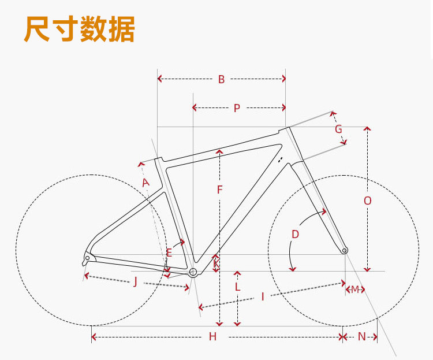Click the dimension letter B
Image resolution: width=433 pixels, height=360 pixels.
(221, 80)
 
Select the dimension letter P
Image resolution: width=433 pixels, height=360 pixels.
(237, 108)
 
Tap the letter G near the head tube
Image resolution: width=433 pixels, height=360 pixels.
(338, 129)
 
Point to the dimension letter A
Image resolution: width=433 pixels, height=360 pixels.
(145, 183)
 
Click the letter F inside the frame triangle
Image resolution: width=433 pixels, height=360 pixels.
(219, 190)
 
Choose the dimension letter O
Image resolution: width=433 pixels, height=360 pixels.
(368, 201)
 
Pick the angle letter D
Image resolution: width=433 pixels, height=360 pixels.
(295, 234)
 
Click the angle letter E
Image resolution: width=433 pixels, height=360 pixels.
(169, 253)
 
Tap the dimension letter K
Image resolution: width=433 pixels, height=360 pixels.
(216, 264)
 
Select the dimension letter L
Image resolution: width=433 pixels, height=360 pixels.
(237, 287)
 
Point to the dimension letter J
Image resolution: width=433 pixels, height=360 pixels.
(135, 281)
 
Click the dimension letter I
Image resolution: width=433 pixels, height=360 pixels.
(263, 296)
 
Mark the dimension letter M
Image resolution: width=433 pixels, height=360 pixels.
(355, 289)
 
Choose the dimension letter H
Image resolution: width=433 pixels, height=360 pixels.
(212, 337)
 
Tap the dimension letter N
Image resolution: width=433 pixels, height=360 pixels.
(361, 337)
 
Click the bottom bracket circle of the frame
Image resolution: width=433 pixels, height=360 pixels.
(193, 272)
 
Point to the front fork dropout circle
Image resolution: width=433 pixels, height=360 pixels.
(345, 251)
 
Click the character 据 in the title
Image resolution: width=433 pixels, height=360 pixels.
(121, 29)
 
